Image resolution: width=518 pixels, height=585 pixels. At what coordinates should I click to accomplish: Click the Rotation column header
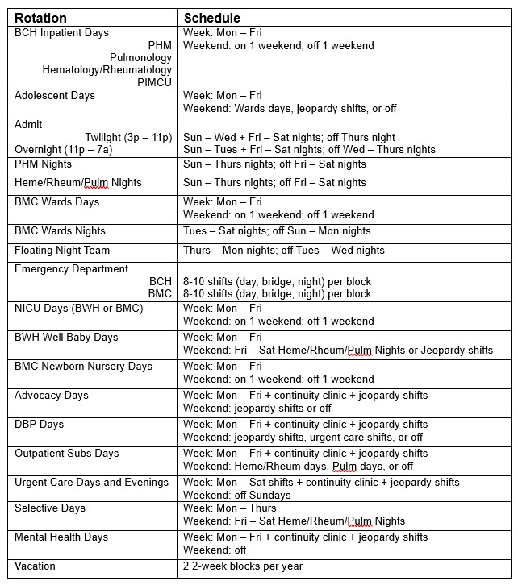pyautogui.click(x=40, y=18)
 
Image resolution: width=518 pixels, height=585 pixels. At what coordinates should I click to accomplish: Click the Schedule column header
pyautogui.click(x=212, y=18)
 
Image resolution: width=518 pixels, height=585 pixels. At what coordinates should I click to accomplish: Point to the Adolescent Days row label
pyautogui.click(x=55, y=96)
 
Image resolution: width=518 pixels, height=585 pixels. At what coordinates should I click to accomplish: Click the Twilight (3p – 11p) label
pyautogui.click(x=128, y=137)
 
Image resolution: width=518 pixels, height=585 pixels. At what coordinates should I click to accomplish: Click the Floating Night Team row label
pyautogui.click(x=65, y=250)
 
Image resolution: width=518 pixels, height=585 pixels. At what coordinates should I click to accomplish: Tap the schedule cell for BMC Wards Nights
pyautogui.click(x=277, y=230)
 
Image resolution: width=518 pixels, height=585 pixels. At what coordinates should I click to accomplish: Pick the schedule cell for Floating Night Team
pyautogui.click(x=284, y=250)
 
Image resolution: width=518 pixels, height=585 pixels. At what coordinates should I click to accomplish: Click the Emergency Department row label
pyautogui.click(x=71, y=269)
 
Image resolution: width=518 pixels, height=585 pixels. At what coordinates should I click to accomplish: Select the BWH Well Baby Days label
pyautogui.click(x=66, y=337)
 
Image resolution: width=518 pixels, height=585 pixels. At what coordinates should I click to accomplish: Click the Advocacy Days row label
pyautogui.click(x=52, y=395)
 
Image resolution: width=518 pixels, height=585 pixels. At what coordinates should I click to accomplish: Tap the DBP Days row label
pyautogui.click(x=39, y=424)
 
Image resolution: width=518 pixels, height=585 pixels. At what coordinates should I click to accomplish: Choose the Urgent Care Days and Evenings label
pyautogui.click(x=91, y=482)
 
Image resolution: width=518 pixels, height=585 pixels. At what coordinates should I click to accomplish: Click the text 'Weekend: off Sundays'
pyautogui.click(x=237, y=495)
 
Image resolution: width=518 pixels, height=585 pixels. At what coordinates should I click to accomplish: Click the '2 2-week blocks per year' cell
pyautogui.click(x=244, y=566)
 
